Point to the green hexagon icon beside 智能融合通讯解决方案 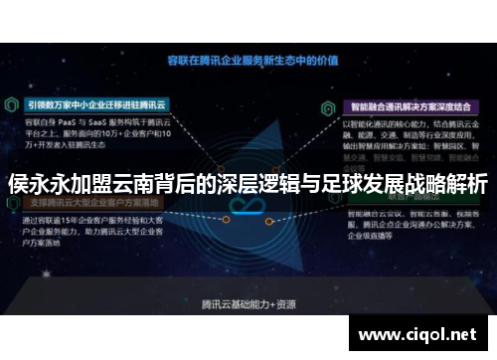tap(327, 102)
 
